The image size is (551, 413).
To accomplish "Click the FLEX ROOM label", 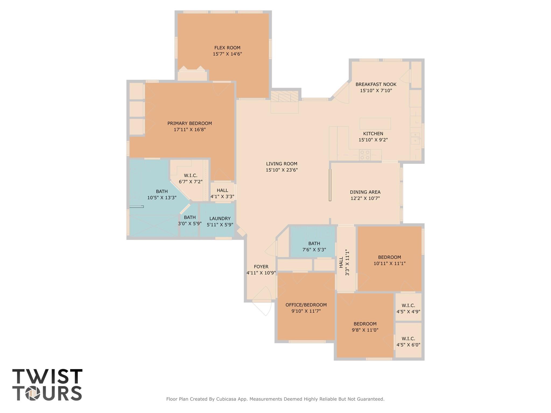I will (x=227, y=48).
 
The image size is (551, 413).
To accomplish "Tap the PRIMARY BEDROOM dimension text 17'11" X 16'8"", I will (x=189, y=130).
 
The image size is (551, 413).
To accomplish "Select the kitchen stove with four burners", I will (x=365, y=155).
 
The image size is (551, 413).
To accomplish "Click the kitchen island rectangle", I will (x=375, y=123).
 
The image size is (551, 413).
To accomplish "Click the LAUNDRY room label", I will (x=220, y=218).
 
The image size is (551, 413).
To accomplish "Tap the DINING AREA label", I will (x=365, y=192).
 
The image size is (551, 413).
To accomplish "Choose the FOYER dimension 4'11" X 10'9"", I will (x=261, y=273).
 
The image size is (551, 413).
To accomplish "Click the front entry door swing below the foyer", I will (x=262, y=304).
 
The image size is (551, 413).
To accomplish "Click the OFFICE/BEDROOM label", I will (x=306, y=305).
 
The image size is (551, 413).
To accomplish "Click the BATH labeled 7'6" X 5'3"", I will (x=314, y=246).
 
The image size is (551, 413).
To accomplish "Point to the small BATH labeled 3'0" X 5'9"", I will (x=189, y=220).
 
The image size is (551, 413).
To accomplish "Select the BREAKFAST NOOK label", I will (x=376, y=84).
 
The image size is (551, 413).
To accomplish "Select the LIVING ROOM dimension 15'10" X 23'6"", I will (x=282, y=170).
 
